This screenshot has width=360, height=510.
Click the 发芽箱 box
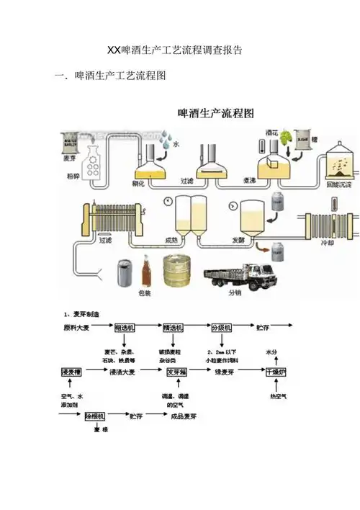click(176, 372)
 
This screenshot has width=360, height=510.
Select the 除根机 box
click(96, 416)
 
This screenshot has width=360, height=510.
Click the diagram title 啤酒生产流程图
click(216, 113)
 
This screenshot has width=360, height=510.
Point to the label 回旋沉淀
click(338, 184)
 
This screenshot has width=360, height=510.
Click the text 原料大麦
click(76, 328)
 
